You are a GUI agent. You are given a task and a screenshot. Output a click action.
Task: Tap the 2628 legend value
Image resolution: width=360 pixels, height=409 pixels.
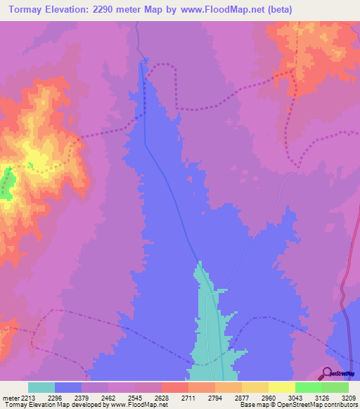[162, 397]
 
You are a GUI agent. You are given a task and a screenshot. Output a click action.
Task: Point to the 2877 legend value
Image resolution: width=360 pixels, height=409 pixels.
[242, 397]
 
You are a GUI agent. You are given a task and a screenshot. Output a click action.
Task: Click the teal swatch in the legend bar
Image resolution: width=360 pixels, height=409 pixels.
[41, 387]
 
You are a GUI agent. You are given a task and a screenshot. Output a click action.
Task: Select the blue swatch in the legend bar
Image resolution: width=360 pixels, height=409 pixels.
[68, 387]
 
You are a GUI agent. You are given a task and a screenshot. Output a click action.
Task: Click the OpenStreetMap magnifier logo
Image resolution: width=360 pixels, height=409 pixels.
[327, 373]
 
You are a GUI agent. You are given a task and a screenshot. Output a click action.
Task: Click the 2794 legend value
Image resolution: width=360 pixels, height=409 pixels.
[216, 397]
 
